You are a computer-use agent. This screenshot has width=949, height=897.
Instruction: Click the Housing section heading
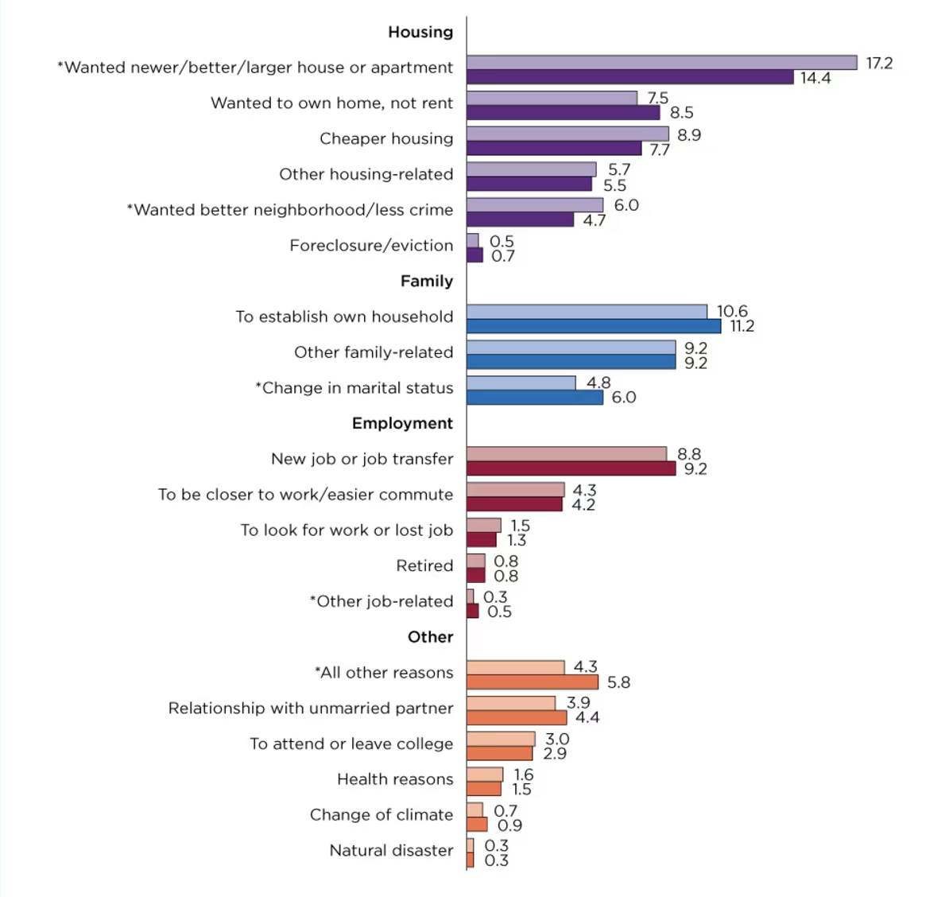[420, 32]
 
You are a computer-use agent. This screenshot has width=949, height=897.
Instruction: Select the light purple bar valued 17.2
[661, 63]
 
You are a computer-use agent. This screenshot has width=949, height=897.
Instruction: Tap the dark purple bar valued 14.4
[629, 77]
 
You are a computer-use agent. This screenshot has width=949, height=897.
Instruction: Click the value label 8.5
[681, 113]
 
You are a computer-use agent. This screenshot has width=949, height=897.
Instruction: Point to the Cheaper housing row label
[386, 138]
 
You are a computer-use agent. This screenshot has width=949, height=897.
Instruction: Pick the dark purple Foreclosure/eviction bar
[474, 255]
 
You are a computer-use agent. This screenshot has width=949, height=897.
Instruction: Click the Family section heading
[426, 281]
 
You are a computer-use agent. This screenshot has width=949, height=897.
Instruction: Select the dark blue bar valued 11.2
[594, 326]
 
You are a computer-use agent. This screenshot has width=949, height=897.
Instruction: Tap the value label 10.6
[732, 311]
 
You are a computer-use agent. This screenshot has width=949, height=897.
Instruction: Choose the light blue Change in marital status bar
[521, 382]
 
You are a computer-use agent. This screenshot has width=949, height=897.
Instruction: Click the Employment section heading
[402, 423]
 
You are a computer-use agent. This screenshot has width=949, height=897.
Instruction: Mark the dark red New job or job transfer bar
[571, 468]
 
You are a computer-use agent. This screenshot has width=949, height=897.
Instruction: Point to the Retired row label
[424, 565]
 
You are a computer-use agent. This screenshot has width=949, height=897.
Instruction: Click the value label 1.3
[517, 541]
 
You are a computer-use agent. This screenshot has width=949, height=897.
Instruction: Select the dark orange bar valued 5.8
[532, 681]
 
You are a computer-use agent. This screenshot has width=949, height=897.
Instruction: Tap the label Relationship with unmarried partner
[311, 708]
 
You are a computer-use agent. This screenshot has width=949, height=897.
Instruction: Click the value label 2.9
[555, 753]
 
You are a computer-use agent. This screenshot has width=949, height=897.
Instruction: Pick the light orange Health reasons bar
[484, 775]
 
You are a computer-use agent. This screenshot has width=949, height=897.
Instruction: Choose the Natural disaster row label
[391, 850]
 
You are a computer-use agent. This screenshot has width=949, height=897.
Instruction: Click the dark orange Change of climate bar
[477, 825]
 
